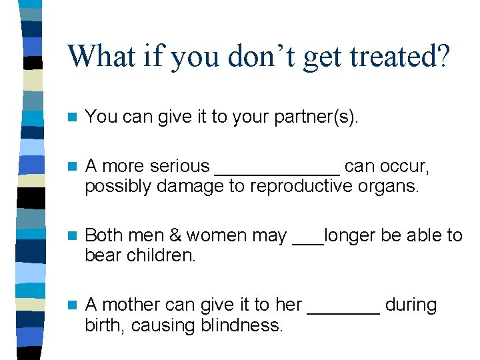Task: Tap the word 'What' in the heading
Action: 95,56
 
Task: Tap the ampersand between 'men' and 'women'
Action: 175,235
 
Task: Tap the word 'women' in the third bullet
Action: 221,235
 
